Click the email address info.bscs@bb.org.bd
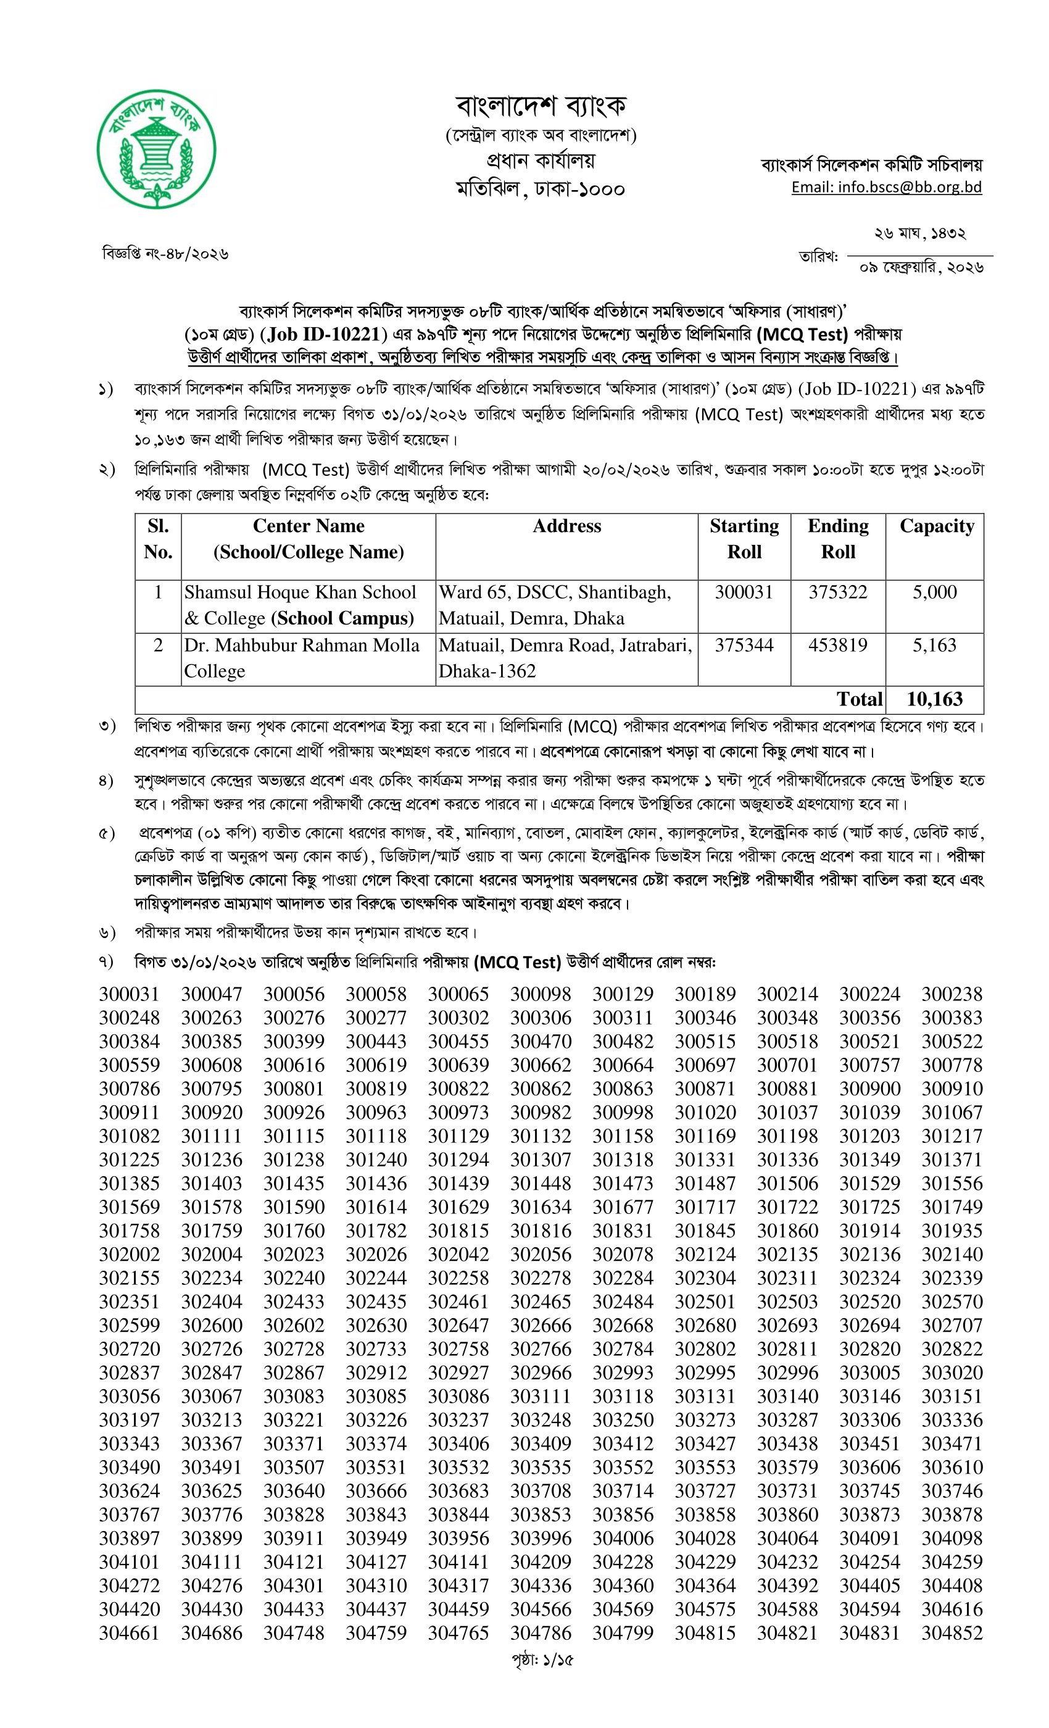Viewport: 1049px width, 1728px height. coord(886,187)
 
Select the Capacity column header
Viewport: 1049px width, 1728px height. coord(937,526)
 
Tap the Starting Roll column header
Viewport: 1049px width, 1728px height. coord(744,539)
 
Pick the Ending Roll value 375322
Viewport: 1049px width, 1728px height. coord(838,592)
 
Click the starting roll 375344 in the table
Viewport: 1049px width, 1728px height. coord(744,645)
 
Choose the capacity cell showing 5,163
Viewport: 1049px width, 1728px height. coord(934,645)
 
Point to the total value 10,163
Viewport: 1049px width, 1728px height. coord(935,699)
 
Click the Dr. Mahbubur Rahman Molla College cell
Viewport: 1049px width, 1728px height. coord(302,658)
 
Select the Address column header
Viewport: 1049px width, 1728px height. coord(566,526)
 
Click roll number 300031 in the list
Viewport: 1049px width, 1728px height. coord(129,994)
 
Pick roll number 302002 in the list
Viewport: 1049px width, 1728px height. coord(129,1255)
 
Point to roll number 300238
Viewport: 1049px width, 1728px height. coord(952,994)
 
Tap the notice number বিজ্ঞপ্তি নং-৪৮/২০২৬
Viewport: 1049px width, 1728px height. coord(165,253)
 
